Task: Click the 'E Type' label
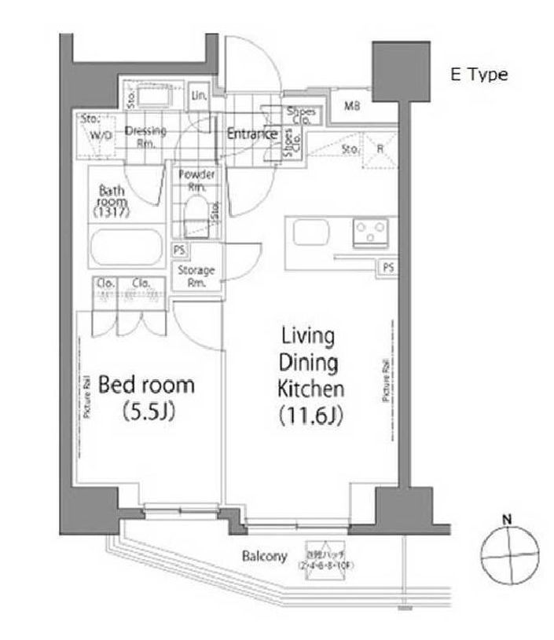[479, 75]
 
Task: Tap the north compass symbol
[507, 552]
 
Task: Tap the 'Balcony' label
[264, 558]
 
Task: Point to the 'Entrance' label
[251, 134]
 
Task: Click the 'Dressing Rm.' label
[145, 137]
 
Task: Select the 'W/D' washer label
[101, 135]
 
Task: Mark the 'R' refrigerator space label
[379, 147]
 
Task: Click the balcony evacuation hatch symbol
[321, 559]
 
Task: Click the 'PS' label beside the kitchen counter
[387, 267]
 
